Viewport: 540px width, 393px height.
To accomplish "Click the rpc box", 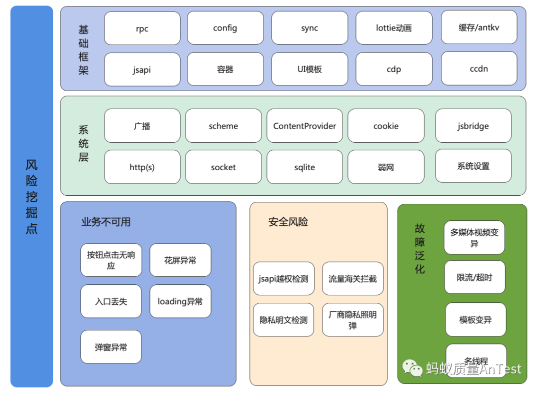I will (142, 29).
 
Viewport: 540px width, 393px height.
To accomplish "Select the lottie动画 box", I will (393, 29).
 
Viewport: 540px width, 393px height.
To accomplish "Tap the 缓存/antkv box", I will (478, 28).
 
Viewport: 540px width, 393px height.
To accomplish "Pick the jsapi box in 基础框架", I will (142, 70).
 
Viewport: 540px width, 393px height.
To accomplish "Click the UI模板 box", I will (309, 70).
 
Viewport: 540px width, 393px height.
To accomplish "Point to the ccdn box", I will (478, 69).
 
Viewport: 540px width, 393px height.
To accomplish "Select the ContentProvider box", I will (304, 126).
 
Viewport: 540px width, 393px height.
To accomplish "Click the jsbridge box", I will (473, 126).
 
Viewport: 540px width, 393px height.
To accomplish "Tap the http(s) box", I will (142, 167).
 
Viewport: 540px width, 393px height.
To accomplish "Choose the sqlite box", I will (304, 167).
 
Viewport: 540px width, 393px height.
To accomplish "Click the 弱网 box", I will (385, 167).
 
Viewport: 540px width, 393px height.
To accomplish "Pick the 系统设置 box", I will (473, 166).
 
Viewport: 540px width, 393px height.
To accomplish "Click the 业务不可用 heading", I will (106, 222).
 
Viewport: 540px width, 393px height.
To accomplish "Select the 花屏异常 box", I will (180, 260).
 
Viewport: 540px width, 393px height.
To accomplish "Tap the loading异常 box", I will (180, 301).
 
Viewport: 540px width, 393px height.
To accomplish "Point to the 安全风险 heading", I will (288, 222).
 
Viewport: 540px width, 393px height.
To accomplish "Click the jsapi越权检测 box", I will (283, 279).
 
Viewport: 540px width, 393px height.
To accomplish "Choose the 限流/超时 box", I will (474, 277).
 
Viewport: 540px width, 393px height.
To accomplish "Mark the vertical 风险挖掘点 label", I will (31, 197).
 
